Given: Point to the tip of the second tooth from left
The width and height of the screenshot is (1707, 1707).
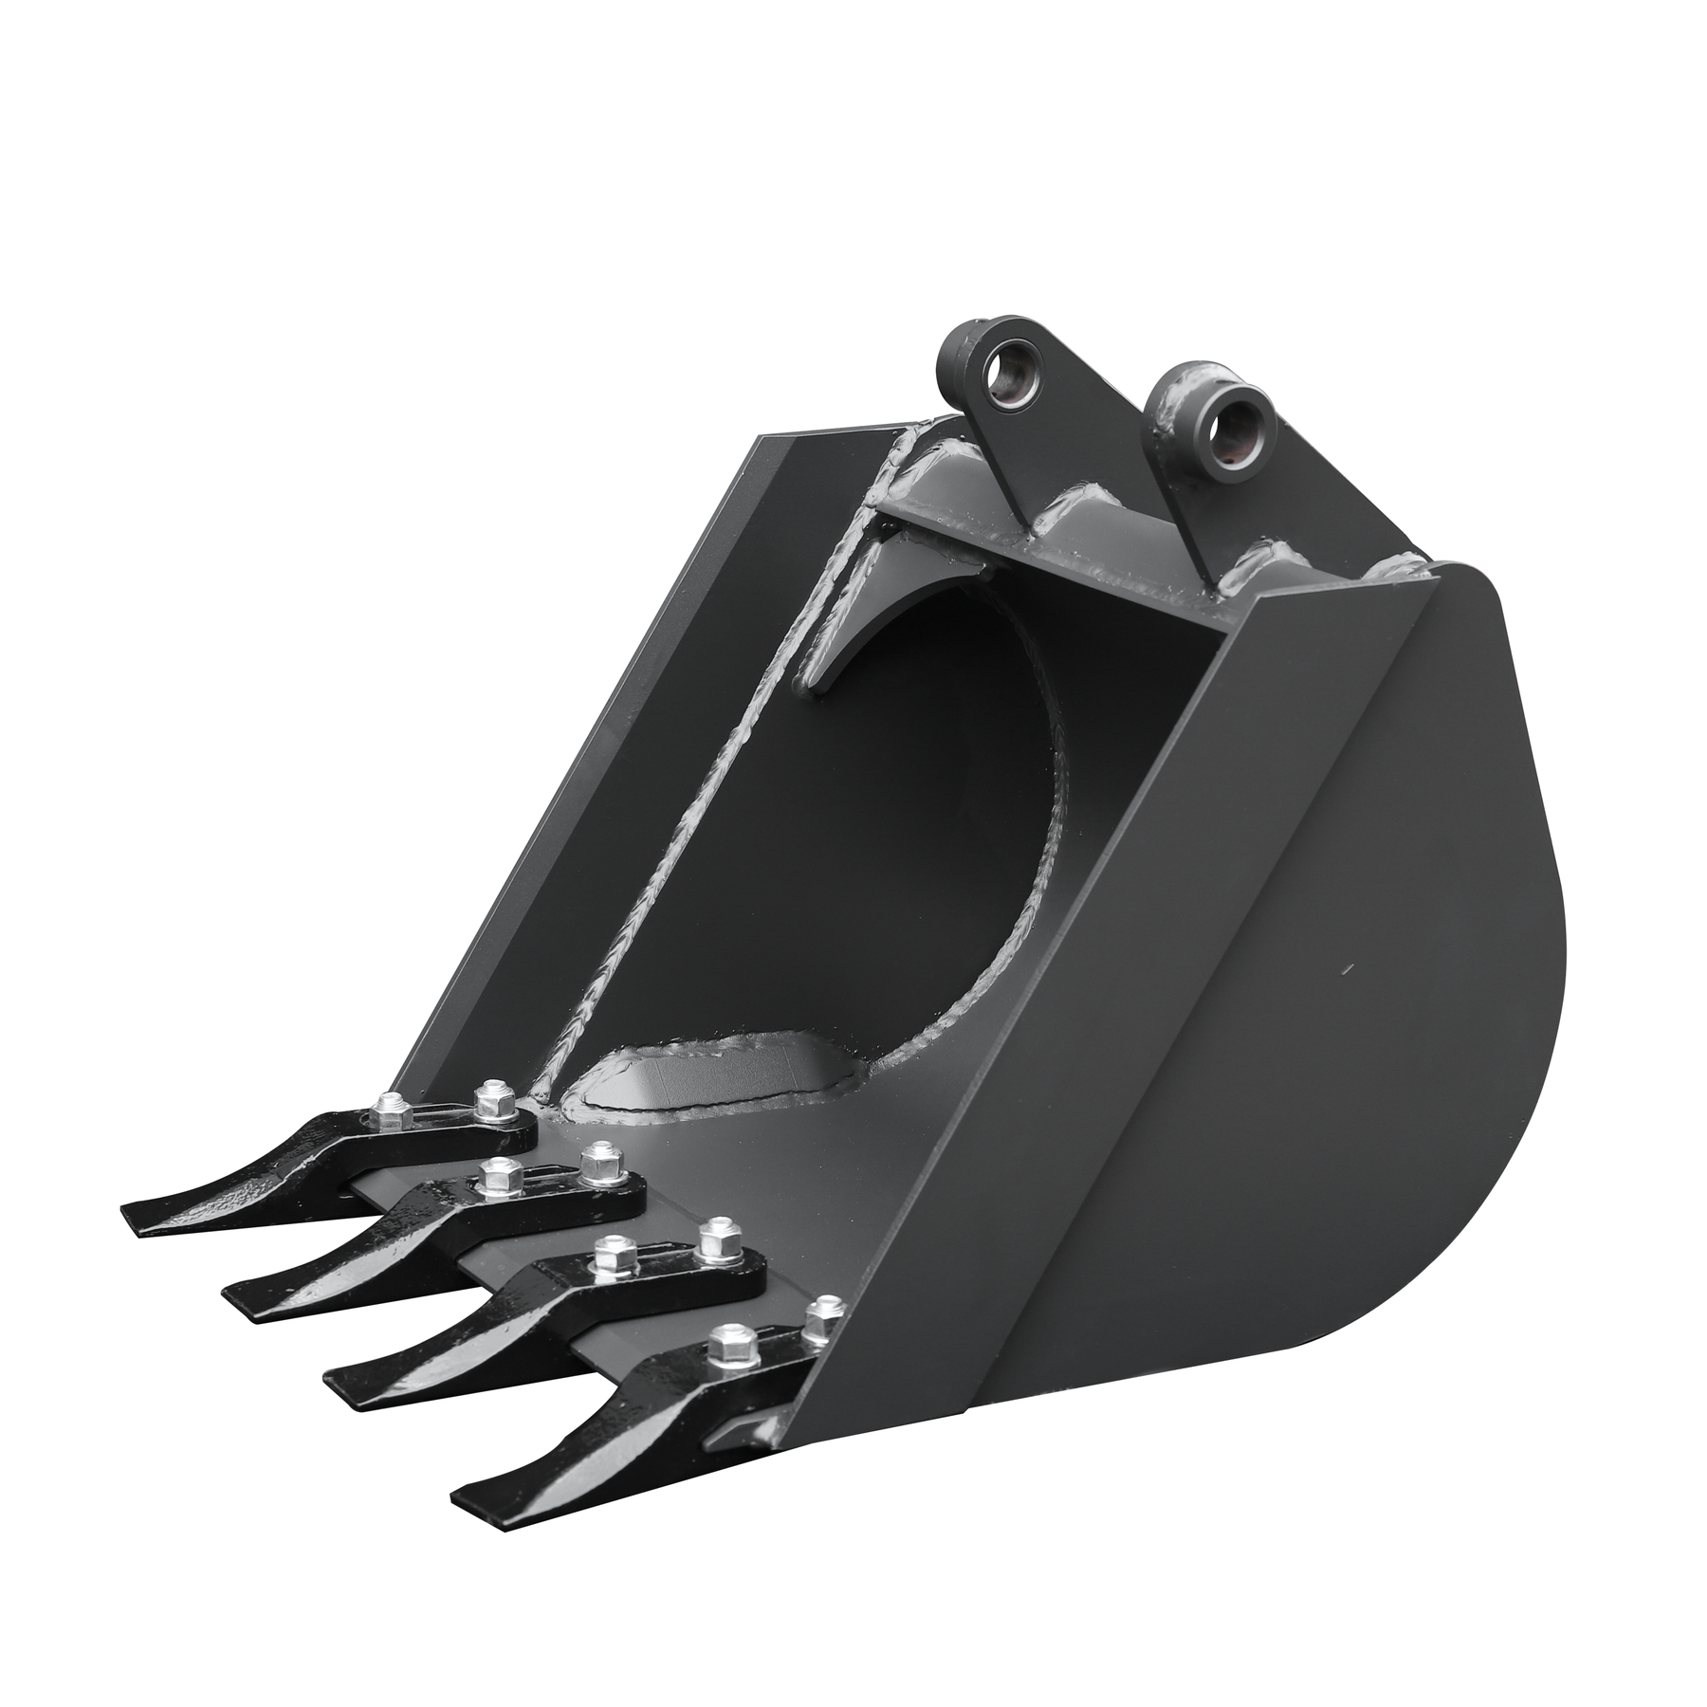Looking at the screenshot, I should [229, 1290].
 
